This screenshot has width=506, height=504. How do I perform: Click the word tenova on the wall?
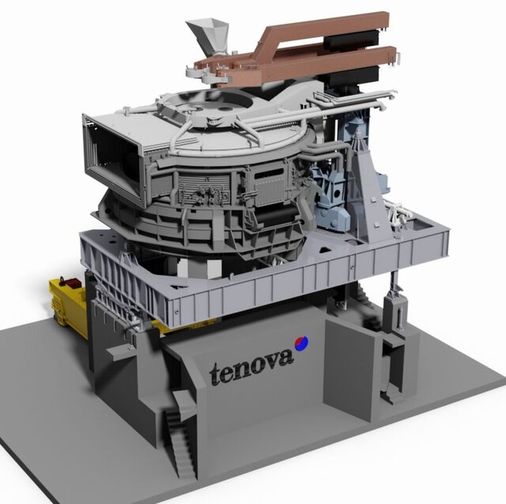[x=251, y=366]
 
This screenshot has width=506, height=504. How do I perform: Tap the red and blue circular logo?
[x=300, y=344]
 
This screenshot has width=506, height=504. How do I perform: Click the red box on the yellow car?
[x=73, y=282]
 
